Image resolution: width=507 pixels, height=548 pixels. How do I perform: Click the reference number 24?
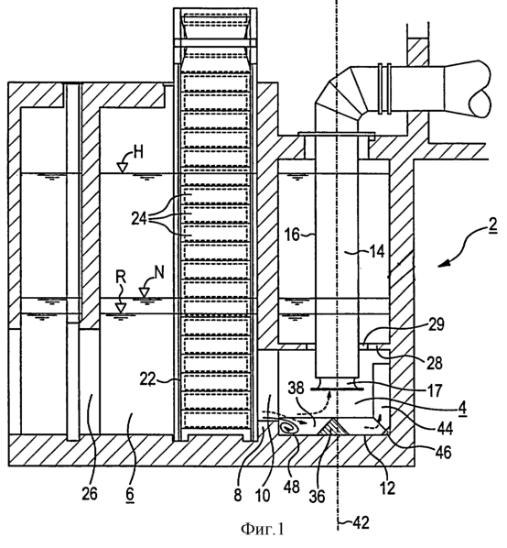click(x=138, y=220)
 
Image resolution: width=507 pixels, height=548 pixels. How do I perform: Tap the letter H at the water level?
click(x=138, y=153)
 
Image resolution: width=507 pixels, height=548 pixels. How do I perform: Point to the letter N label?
click(x=159, y=272)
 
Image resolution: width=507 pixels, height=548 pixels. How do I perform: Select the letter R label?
click(x=121, y=278)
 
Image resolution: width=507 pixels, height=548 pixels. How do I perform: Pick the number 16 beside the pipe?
click(x=293, y=235)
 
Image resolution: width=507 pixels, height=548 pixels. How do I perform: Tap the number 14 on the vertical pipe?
click(x=376, y=251)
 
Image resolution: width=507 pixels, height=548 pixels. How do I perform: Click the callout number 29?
click(x=437, y=324)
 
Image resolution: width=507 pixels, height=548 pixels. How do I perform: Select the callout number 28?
click(x=435, y=363)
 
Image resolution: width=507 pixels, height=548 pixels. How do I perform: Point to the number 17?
click(x=435, y=390)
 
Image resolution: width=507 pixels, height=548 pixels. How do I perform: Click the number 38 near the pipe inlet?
click(x=297, y=388)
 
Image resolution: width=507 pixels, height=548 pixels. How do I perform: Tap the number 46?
click(x=444, y=453)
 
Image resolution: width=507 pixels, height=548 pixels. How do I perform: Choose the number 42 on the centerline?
click(x=361, y=523)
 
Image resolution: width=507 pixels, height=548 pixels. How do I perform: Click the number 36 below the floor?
click(x=318, y=497)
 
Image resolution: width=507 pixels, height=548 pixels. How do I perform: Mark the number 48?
click(x=291, y=487)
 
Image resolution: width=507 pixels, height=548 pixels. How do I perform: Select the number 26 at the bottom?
click(x=90, y=494)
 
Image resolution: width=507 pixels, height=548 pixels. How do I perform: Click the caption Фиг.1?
click(x=263, y=530)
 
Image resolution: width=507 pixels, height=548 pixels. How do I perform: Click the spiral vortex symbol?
click(x=288, y=428)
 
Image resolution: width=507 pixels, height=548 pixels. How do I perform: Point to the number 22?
click(x=147, y=379)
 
